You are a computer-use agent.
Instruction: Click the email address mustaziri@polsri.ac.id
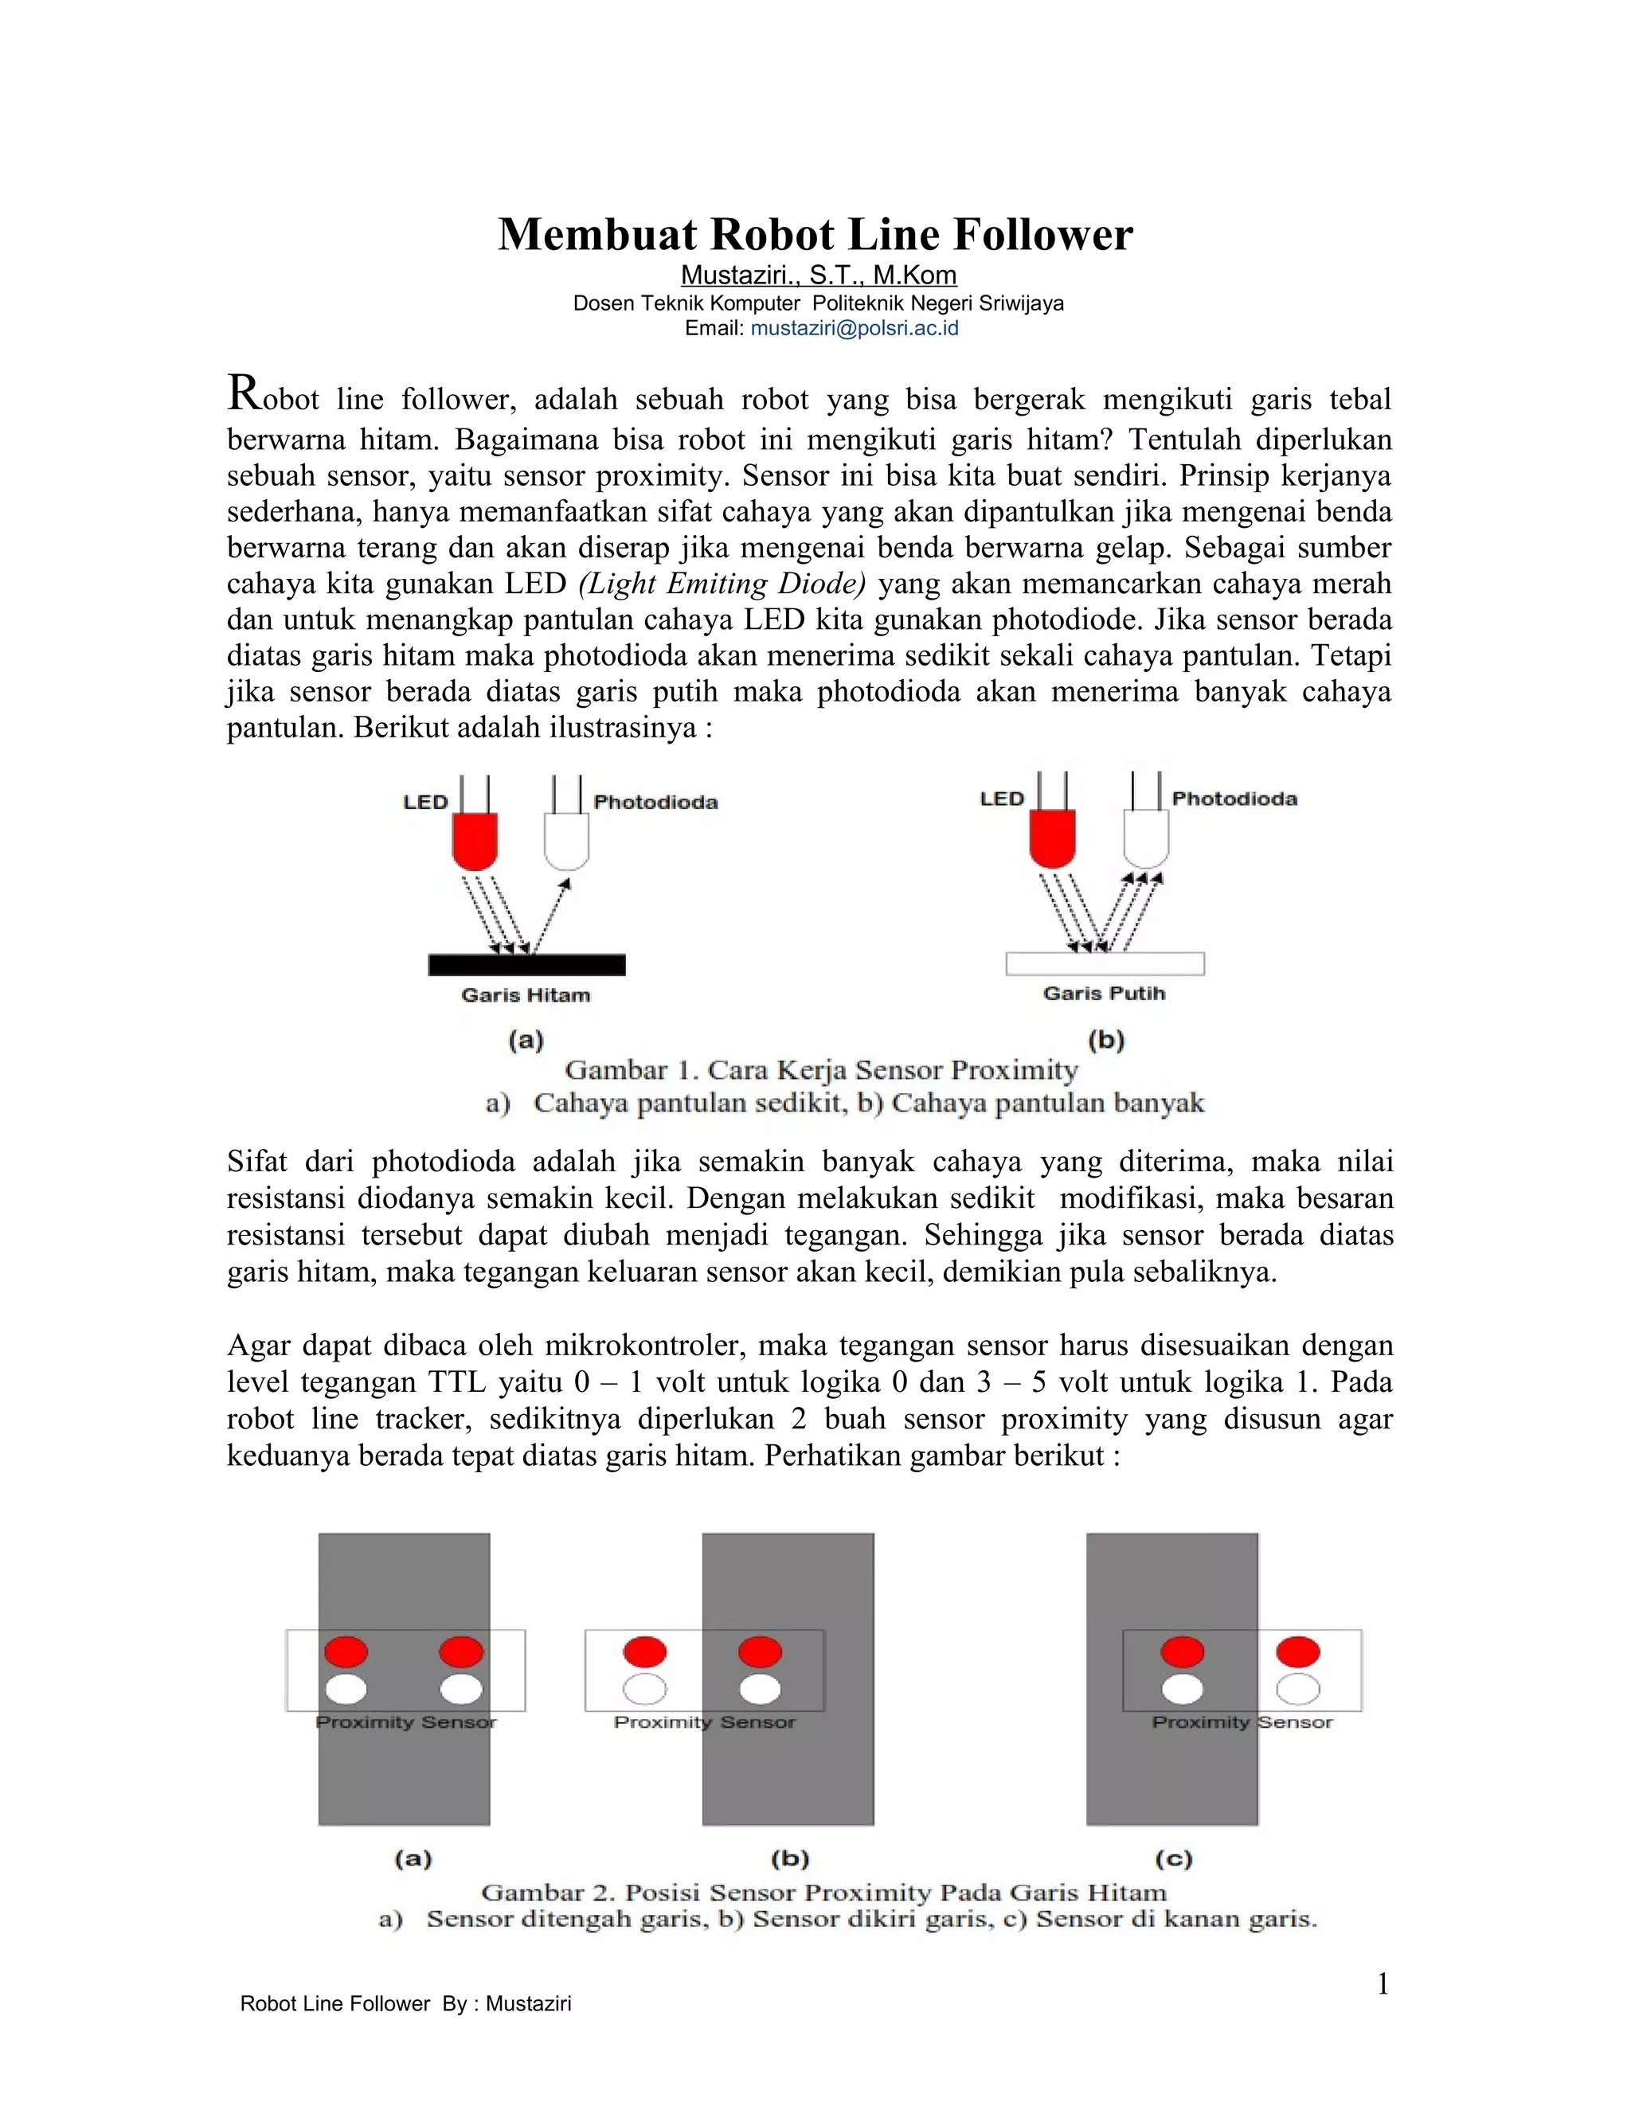click(855, 329)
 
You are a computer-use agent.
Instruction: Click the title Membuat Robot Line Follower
click(815, 235)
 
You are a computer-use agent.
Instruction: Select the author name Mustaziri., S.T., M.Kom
click(819, 275)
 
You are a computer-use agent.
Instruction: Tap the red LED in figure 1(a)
click(475, 838)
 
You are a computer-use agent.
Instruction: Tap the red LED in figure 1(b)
click(1052, 837)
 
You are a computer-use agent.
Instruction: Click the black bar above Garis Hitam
click(526, 964)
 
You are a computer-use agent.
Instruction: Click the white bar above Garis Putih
click(1105, 963)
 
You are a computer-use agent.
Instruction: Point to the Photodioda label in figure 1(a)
click(655, 802)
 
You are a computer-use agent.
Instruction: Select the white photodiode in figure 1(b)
click(1146, 837)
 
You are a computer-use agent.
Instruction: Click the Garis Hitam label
click(525, 995)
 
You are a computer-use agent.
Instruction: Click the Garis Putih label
click(1104, 993)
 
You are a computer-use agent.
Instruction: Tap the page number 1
click(1382, 1984)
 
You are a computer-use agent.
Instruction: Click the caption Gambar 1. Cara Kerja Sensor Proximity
click(820, 1070)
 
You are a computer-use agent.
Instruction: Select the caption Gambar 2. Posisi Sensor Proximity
click(823, 1892)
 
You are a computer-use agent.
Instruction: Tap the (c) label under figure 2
click(1173, 1858)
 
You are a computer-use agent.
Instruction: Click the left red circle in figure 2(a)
click(346, 1651)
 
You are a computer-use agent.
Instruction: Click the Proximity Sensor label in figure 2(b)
click(704, 1721)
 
